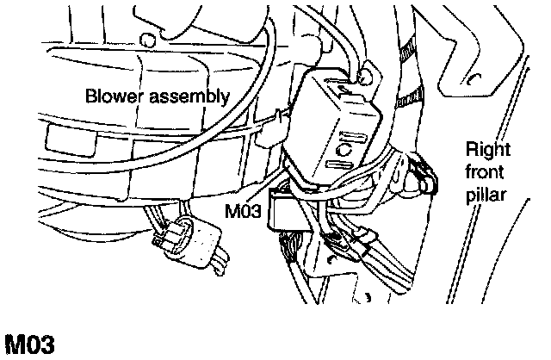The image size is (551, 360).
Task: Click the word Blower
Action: (109, 96)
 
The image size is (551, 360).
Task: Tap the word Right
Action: (487, 150)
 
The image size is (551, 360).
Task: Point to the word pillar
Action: (486, 193)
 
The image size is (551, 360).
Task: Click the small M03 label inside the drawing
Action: (242, 210)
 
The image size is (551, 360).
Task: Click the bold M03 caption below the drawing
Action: (30, 344)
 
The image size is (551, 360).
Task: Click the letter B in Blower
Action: (90, 96)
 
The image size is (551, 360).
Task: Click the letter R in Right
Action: (471, 150)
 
